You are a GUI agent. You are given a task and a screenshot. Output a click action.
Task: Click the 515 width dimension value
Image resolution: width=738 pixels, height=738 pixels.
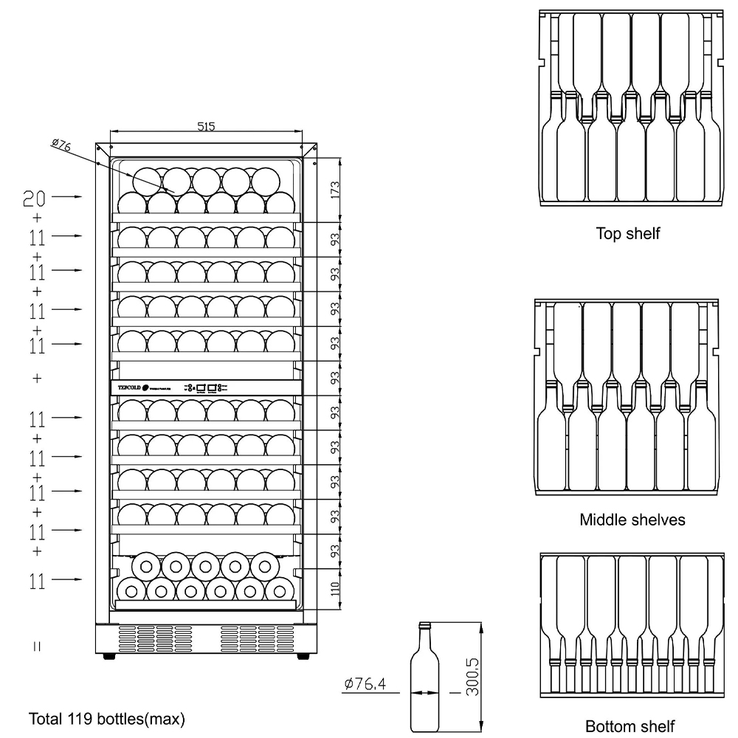coord(206,127)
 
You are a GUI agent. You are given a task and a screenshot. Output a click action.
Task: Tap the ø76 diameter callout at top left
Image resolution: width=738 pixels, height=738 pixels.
coord(61,145)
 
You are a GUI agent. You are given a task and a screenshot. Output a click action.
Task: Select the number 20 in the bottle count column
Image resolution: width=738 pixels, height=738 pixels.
coord(34,197)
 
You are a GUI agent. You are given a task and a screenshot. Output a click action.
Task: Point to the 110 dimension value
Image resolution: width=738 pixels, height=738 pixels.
coord(334,590)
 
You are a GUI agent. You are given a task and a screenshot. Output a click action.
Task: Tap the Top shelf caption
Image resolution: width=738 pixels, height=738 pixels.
coord(627,234)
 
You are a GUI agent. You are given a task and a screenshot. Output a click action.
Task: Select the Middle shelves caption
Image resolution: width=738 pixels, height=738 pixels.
coord(632,520)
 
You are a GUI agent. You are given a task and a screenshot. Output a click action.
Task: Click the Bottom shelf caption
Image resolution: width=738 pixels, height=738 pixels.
coord(630,726)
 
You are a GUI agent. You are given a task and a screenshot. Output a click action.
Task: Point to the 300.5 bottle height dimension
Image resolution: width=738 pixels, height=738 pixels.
coord(473,677)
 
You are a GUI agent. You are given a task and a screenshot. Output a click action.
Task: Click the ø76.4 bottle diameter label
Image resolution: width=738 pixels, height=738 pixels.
coord(365,684)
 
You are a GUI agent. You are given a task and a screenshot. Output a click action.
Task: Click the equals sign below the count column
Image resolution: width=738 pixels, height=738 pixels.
coord(37,646)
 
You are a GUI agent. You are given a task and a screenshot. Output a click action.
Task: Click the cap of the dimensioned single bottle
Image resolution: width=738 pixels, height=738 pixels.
coord(424,626)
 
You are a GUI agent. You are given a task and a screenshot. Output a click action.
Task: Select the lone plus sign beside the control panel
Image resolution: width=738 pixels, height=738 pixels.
coord(37,378)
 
